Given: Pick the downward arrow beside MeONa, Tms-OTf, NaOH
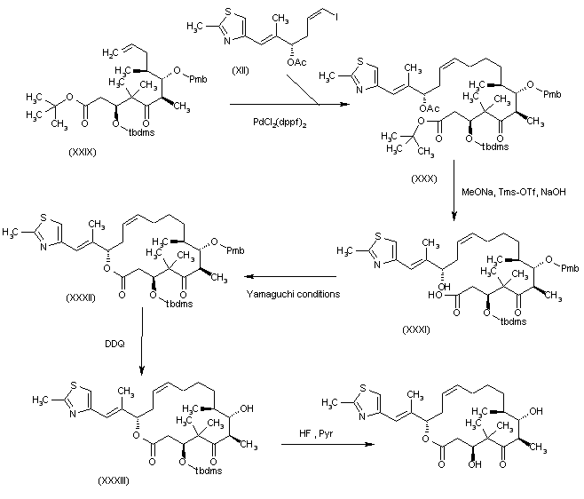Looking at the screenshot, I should (454, 197).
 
